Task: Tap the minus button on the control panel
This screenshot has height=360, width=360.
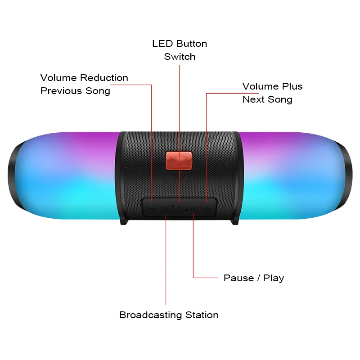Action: (152, 208)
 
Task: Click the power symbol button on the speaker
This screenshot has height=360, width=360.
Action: (179, 208)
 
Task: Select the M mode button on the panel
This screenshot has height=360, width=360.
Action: (166, 208)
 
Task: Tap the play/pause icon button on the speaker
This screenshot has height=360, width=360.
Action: (193, 208)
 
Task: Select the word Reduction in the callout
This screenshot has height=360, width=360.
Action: (104, 78)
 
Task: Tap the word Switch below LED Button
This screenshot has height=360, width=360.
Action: (180, 57)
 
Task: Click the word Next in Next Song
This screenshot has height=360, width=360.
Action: (253, 99)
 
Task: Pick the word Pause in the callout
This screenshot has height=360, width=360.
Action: (238, 278)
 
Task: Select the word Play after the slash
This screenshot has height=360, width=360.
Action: (274, 278)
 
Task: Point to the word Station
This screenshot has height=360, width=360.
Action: (201, 315)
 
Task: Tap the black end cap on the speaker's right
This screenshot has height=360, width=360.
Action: (346, 175)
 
